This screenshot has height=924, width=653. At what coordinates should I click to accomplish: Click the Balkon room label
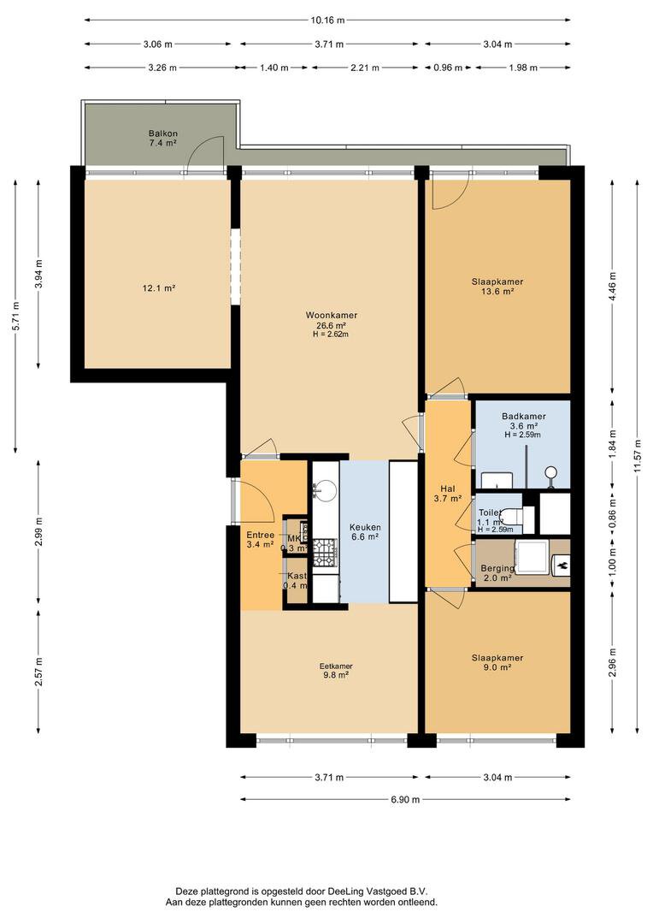pyautogui.click(x=162, y=134)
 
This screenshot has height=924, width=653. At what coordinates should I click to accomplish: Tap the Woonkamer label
pyautogui.click(x=332, y=315)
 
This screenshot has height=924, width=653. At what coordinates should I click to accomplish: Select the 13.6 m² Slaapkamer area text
pyautogui.click(x=497, y=292)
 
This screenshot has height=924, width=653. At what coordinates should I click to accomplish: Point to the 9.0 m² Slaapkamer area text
pyautogui.click(x=497, y=668)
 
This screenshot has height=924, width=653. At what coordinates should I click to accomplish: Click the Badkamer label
pyautogui.click(x=523, y=416)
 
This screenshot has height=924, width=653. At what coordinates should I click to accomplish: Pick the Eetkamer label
pyautogui.click(x=336, y=666)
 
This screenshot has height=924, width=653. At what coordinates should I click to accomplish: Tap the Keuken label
pyautogui.click(x=364, y=527)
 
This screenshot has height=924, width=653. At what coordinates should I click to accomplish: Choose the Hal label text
pyautogui.click(x=448, y=489)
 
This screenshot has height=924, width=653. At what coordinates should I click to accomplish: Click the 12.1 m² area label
pyautogui.click(x=158, y=289)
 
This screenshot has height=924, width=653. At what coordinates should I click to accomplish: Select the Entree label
pyautogui.click(x=260, y=536)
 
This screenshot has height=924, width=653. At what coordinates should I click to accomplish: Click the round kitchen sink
pyautogui.click(x=325, y=490)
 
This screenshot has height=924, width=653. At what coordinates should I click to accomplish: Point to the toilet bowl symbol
pyautogui.click(x=511, y=516)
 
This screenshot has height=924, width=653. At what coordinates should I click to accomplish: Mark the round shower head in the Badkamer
pyautogui.click(x=551, y=471)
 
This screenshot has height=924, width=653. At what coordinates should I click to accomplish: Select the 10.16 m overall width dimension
pyautogui.click(x=328, y=19)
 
